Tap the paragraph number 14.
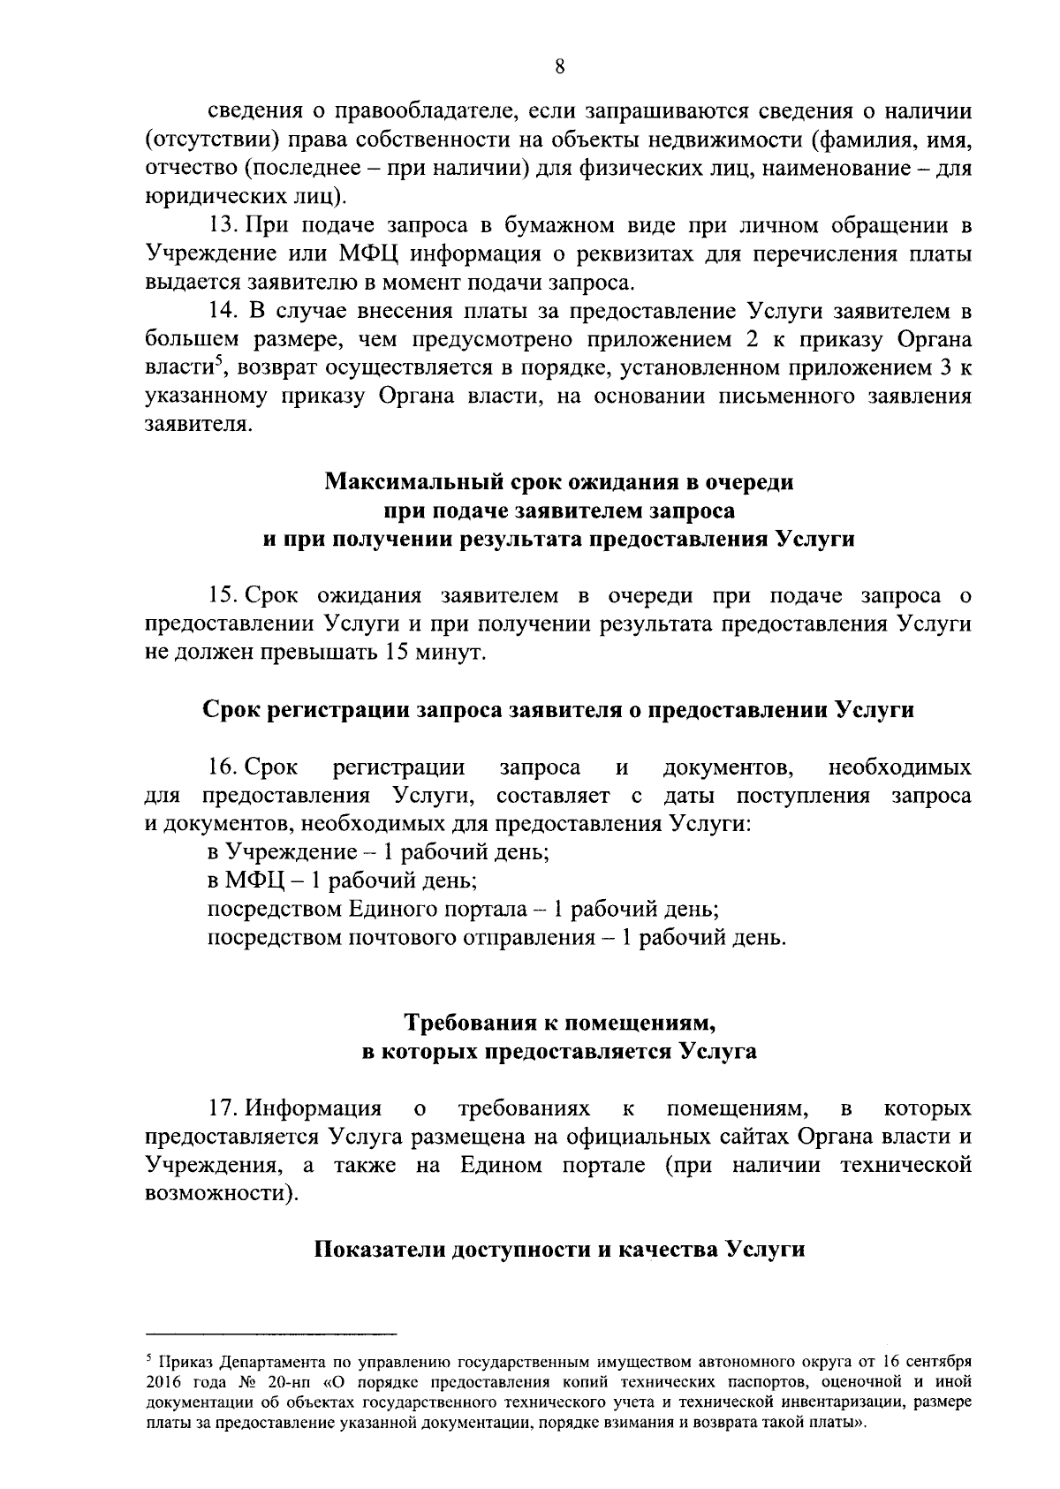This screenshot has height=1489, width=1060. (x=223, y=311)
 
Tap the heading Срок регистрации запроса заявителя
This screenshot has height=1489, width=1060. (x=557, y=710)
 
